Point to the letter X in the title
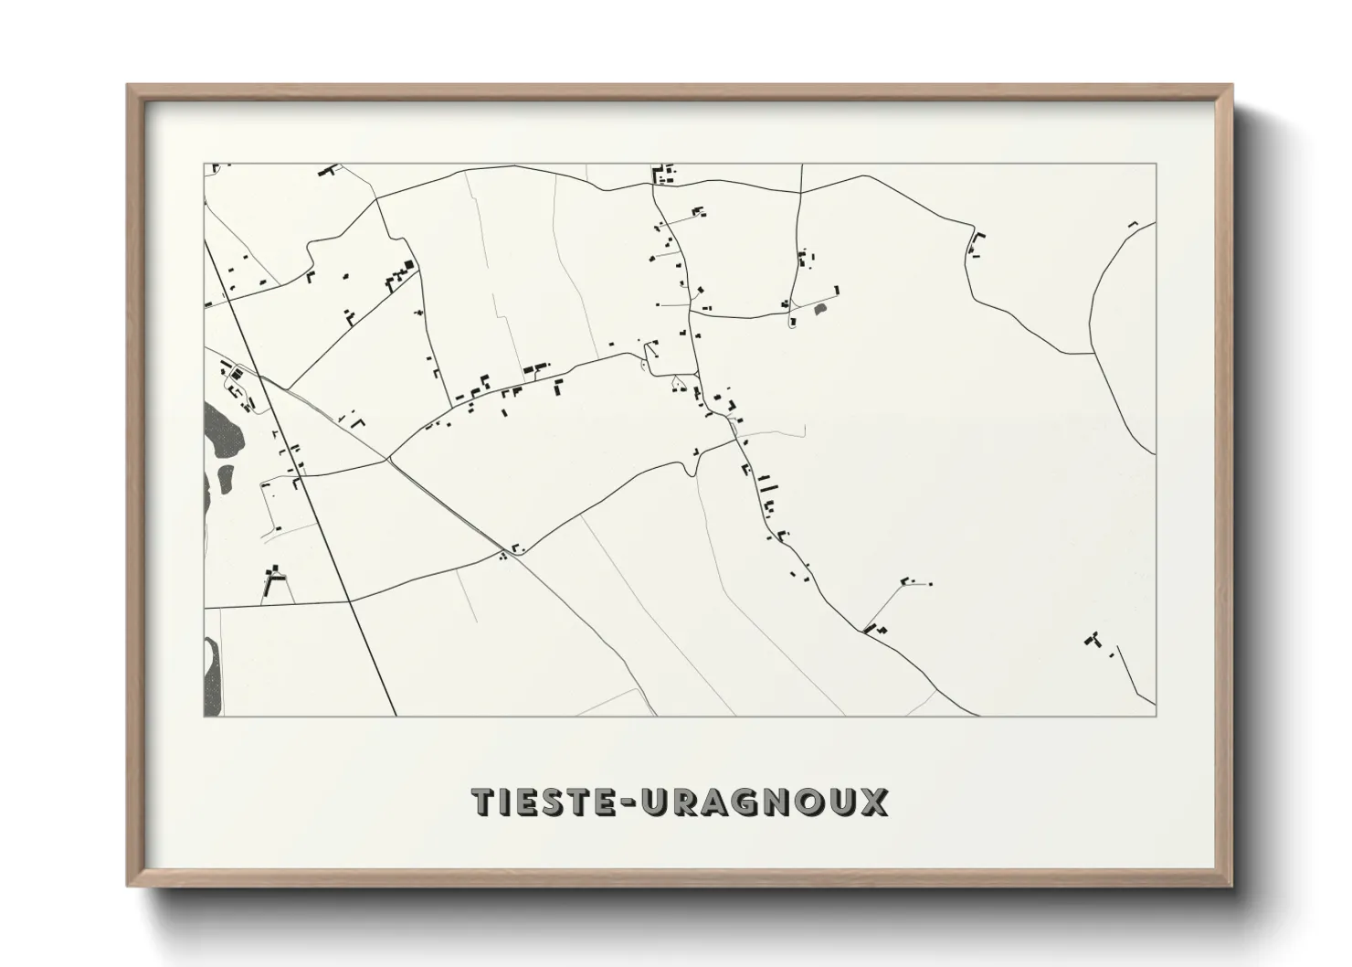(x=873, y=802)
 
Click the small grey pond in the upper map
(x=819, y=312)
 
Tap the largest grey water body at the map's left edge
(x=221, y=430)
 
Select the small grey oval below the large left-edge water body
(x=225, y=478)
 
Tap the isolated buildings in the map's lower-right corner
(x=1093, y=640)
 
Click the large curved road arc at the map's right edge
(x=1107, y=338)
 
